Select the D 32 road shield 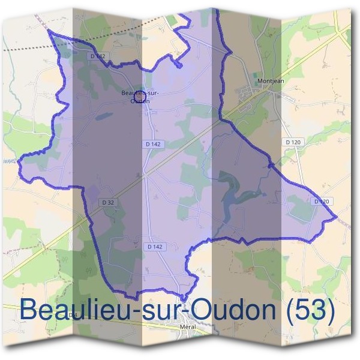[x=108, y=202]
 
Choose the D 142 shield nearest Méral [x=155, y=246]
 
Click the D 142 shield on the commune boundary [x=100, y=56]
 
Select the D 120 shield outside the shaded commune [x=292, y=142]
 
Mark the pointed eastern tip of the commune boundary [x=337, y=215]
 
